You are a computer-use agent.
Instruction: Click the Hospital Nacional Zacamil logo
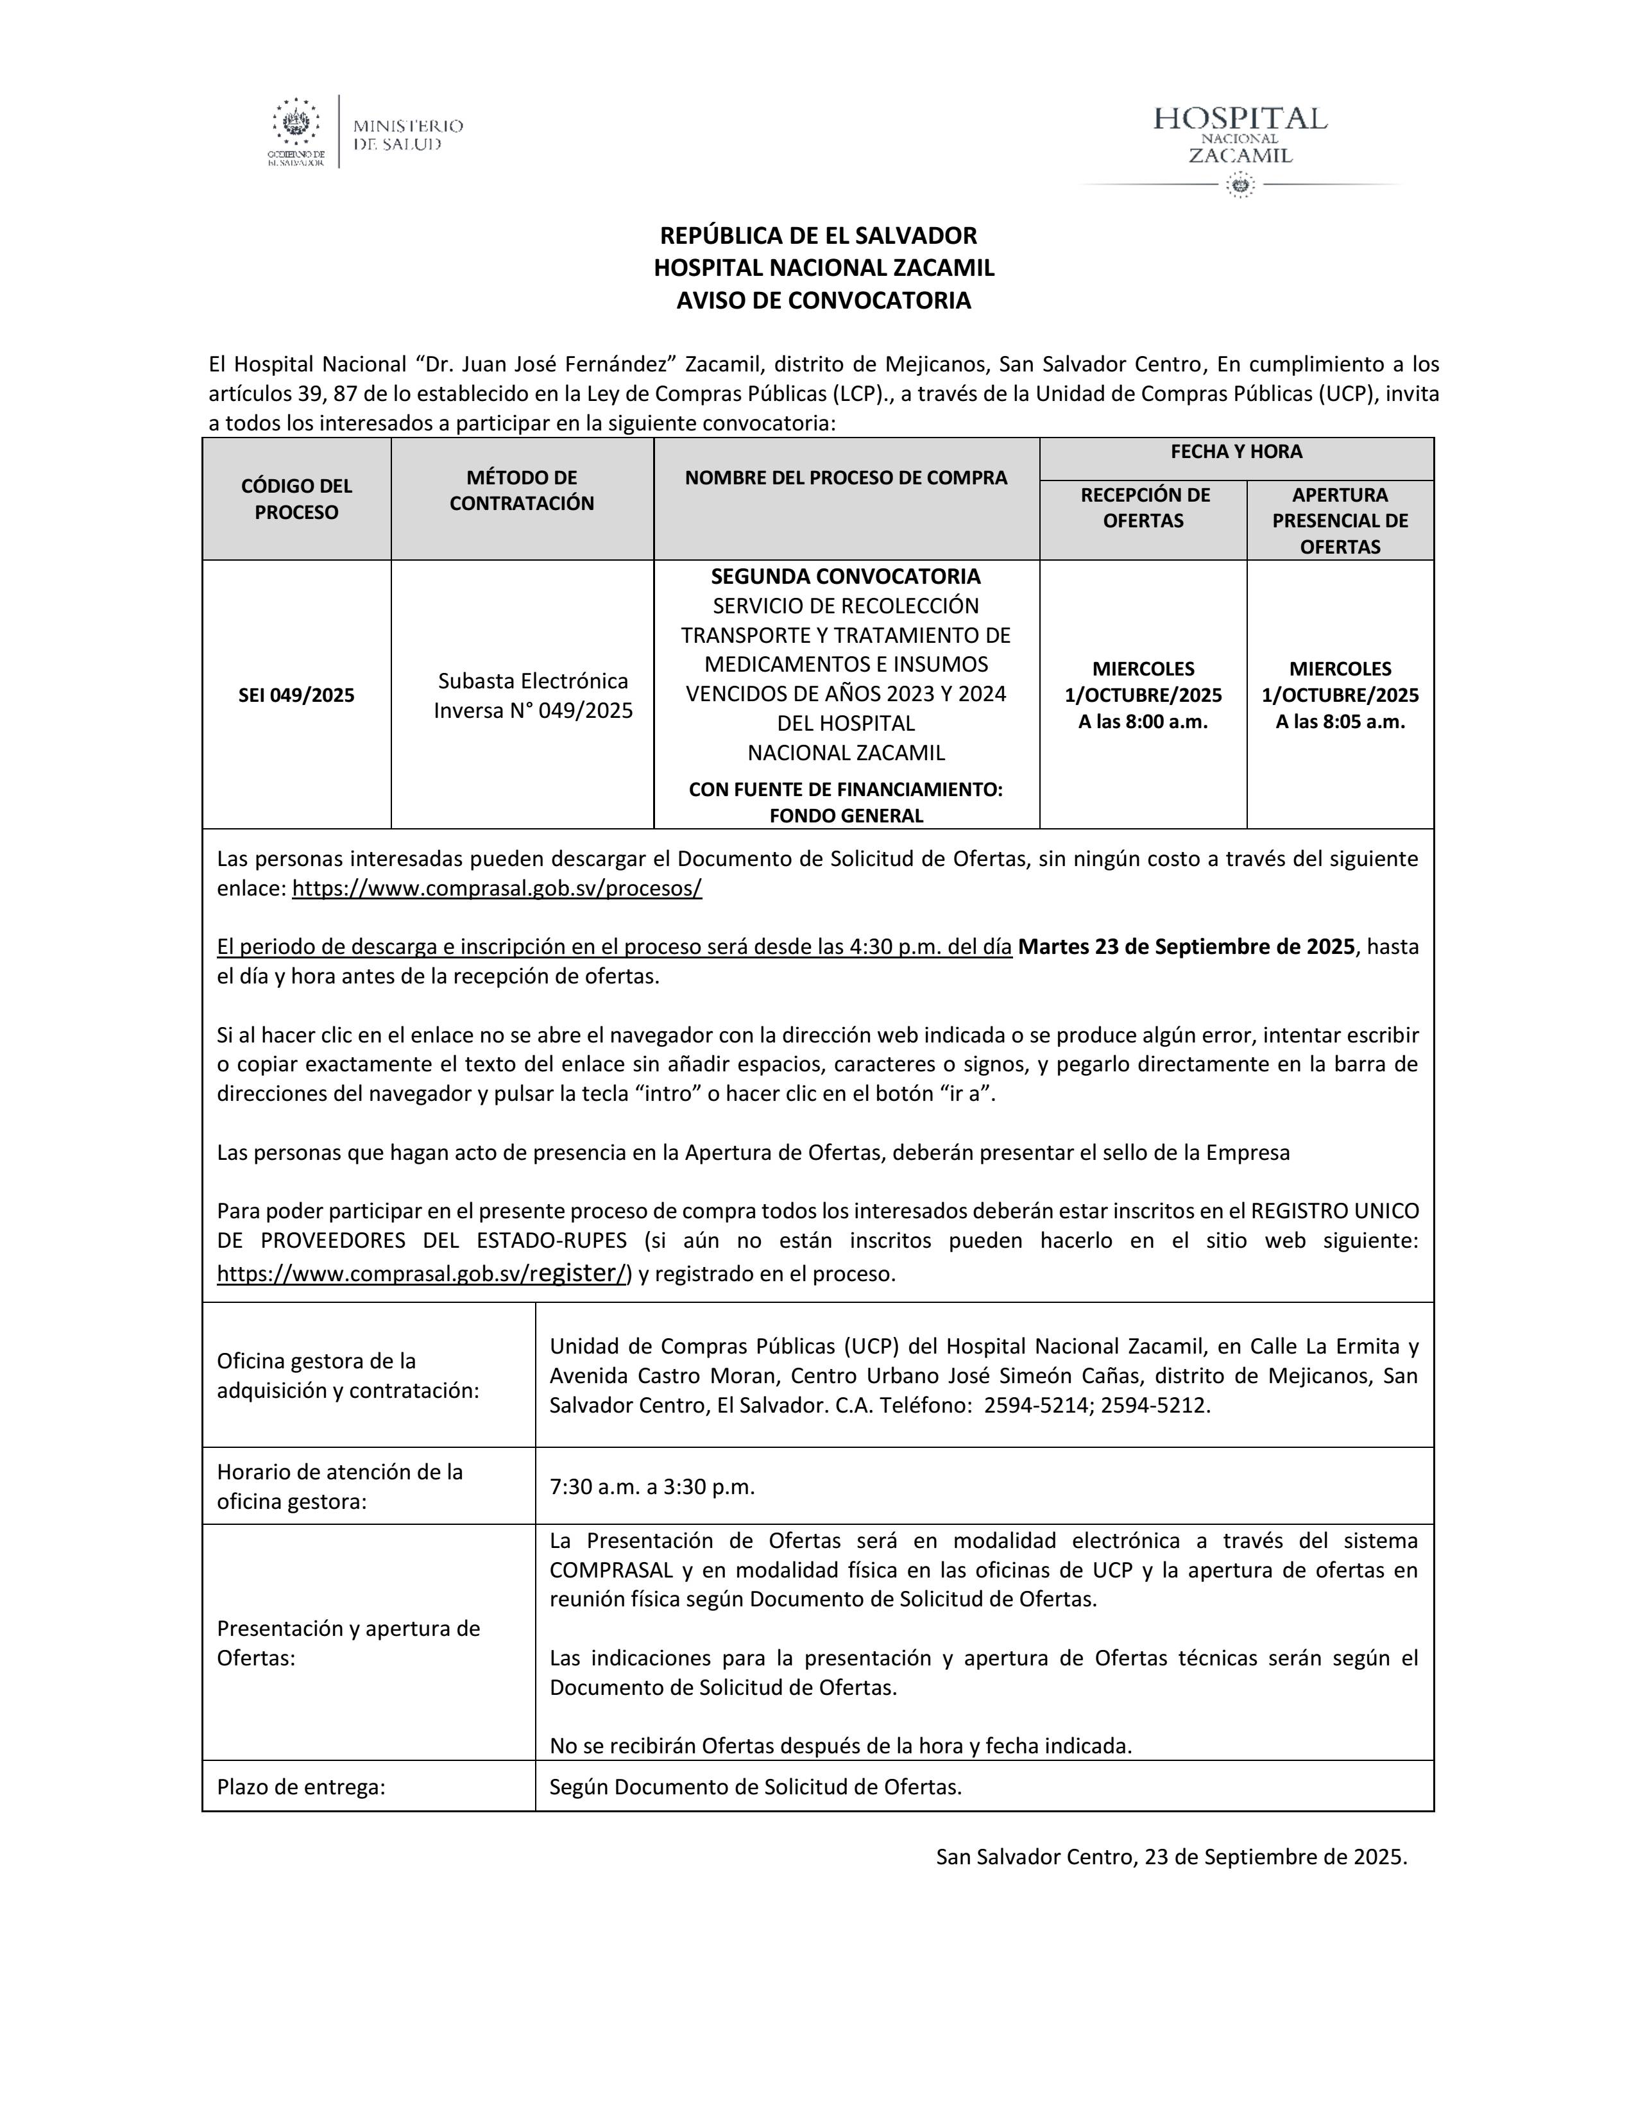[x=1240, y=146]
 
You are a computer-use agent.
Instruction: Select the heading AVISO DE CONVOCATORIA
[x=823, y=300]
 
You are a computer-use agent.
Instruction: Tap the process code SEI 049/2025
[x=296, y=695]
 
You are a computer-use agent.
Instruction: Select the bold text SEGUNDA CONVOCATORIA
[x=845, y=577]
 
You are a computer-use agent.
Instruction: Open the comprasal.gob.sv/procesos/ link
[x=496, y=889]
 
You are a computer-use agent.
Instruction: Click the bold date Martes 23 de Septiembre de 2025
[x=1186, y=947]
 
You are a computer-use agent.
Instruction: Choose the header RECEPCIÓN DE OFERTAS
[x=1144, y=508]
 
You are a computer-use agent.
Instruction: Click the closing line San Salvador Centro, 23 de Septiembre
[x=1171, y=1857]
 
